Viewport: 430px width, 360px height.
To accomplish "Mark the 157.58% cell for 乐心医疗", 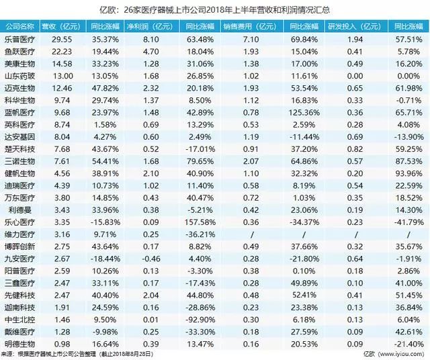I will click(x=202, y=222).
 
